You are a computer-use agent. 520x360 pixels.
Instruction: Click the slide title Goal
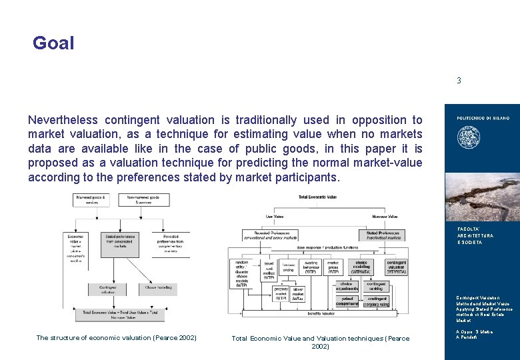[x=53, y=44]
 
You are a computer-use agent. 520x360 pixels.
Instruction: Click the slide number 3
[x=459, y=81]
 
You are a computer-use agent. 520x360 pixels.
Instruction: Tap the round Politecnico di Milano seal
[x=465, y=139]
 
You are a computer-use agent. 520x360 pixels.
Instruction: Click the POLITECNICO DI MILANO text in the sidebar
[x=483, y=118]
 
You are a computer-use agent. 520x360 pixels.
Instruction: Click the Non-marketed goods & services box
[x=146, y=199]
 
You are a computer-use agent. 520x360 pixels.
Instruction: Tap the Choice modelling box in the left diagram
[x=159, y=288]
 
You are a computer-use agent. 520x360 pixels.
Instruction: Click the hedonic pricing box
[x=288, y=267]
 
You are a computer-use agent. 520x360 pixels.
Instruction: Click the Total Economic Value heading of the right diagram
[x=317, y=197]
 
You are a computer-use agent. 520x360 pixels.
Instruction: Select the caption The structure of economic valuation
[x=116, y=338]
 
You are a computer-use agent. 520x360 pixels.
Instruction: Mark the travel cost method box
[x=268, y=270]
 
